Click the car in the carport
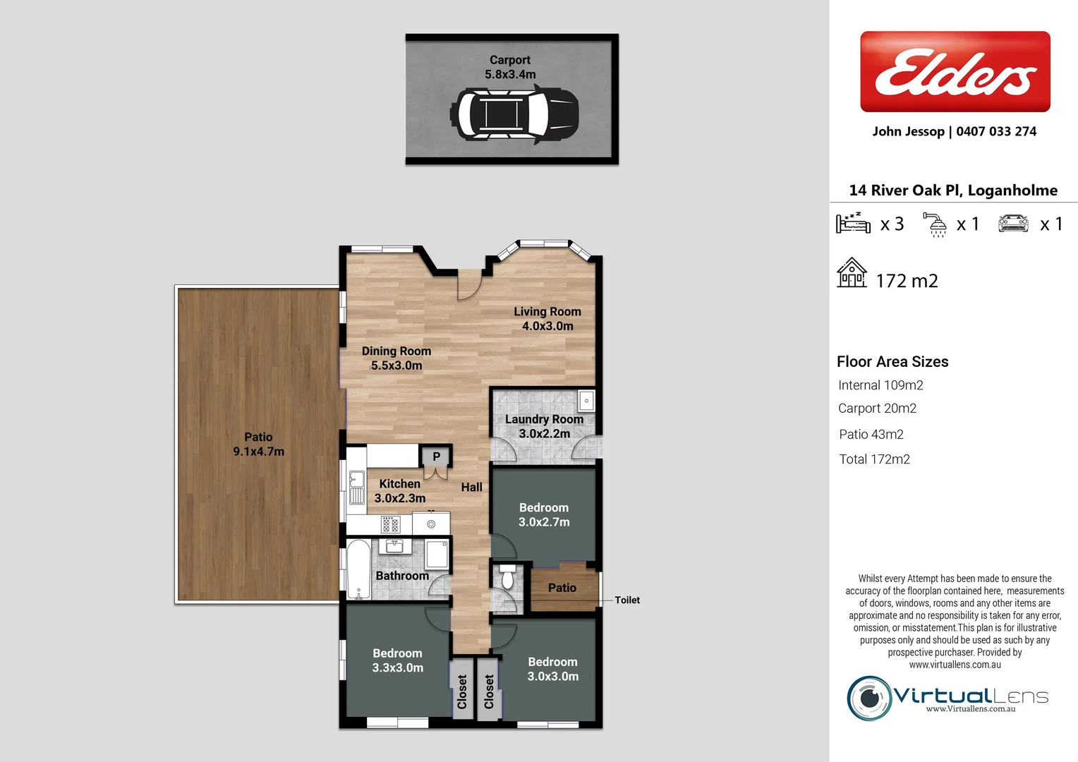pos(514,114)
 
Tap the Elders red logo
pos(955,71)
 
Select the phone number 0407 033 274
pos(996,131)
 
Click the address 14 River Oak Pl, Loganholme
pos(953,190)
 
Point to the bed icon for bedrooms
pos(853,223)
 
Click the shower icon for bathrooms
pos(935,224)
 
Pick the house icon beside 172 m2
pos(852,273)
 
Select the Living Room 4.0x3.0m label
pos(547,318)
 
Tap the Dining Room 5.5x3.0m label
pos(396,358)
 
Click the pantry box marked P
pos(436,456)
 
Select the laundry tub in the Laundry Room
pos(586,401)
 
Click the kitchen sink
pos(357,488)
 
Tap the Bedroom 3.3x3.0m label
pos(397,660)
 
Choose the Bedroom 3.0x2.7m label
pos(543,514)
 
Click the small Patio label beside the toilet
pos(562,588)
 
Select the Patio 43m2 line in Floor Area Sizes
pos(871,435)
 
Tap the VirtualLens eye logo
pos(869,698)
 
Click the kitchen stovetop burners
pos(390,524)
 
